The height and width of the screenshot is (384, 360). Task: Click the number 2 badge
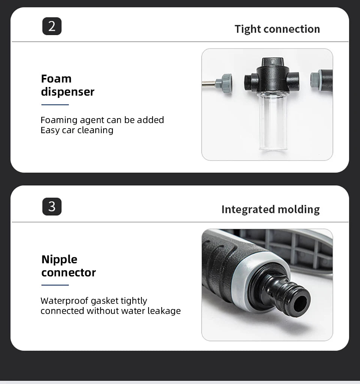52,26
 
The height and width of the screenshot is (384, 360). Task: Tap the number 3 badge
52,207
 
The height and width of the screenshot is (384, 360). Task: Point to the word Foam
56,79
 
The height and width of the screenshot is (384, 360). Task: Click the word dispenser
67,92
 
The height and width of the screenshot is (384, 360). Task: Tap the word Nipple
59,259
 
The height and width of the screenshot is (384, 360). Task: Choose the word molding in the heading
299,210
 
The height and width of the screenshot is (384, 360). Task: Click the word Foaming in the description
59,120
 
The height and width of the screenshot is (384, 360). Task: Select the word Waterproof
64,301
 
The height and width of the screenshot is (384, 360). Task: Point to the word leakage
164,311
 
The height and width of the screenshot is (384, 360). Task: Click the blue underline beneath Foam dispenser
55,105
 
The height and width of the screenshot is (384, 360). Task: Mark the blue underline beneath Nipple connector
55,285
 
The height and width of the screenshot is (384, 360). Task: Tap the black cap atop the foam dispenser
273,63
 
